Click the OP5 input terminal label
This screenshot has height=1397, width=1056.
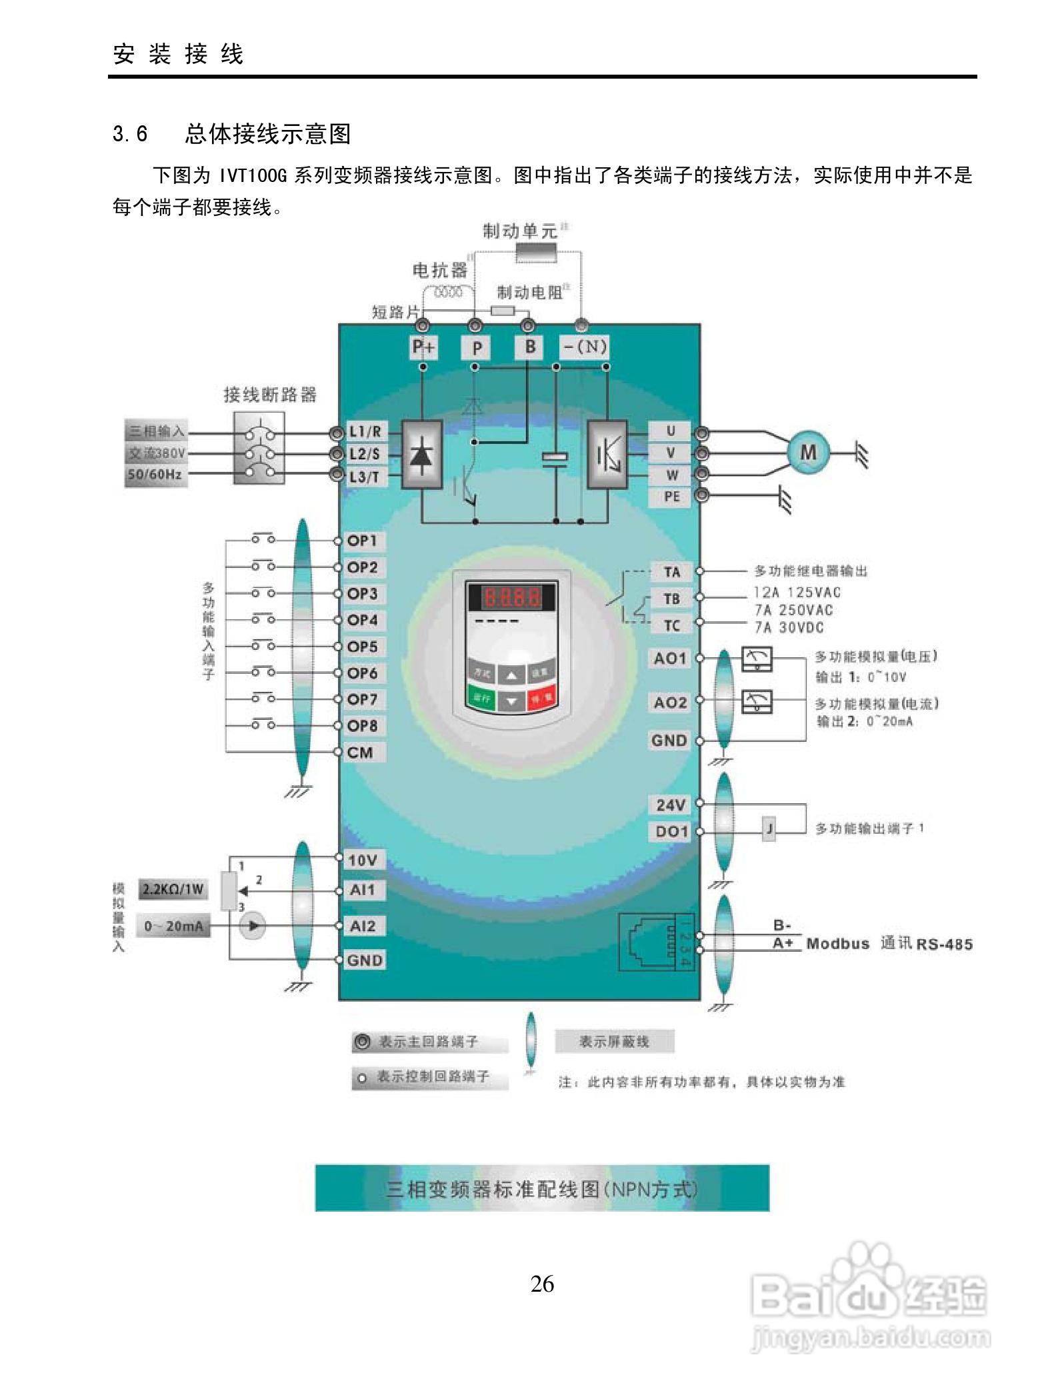click(x=362, y=647)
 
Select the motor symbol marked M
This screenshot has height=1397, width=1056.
click(x=807, y=453)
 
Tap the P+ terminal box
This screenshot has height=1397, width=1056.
click(x=423, y=347)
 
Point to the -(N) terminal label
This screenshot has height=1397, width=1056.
click(x=583, y=347)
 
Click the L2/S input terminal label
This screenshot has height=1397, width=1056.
click(x=364, y=454)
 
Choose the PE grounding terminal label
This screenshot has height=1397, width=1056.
click(x=671, y=496)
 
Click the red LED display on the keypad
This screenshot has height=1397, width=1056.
click(x=511, y=596)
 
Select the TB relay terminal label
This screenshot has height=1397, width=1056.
click(x=671, y=599)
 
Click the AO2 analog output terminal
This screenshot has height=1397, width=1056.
click(x=670, y=702)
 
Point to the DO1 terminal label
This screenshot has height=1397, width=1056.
click(x=670, y=832)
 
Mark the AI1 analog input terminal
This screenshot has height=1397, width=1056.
click(x=362, y=890)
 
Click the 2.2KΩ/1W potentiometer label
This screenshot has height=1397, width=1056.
click(x=173, y=889)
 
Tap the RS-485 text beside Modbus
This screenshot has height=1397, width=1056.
click(x=944, y=944)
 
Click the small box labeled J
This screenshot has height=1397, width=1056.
click(x=769, y=829)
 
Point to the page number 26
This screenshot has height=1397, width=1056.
click(x=542, y=1283)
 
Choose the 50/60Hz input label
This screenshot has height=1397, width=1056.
click(x=155, y=475)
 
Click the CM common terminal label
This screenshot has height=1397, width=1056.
click(x=360, y=752)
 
